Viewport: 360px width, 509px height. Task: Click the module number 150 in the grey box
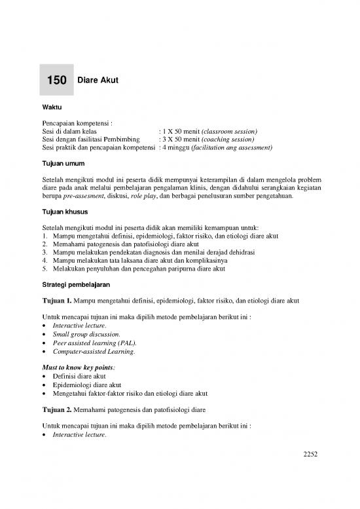pyautogui.click(x=57, y=81)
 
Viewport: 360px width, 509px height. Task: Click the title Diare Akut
pyautogui.click(x=97, y=81)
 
